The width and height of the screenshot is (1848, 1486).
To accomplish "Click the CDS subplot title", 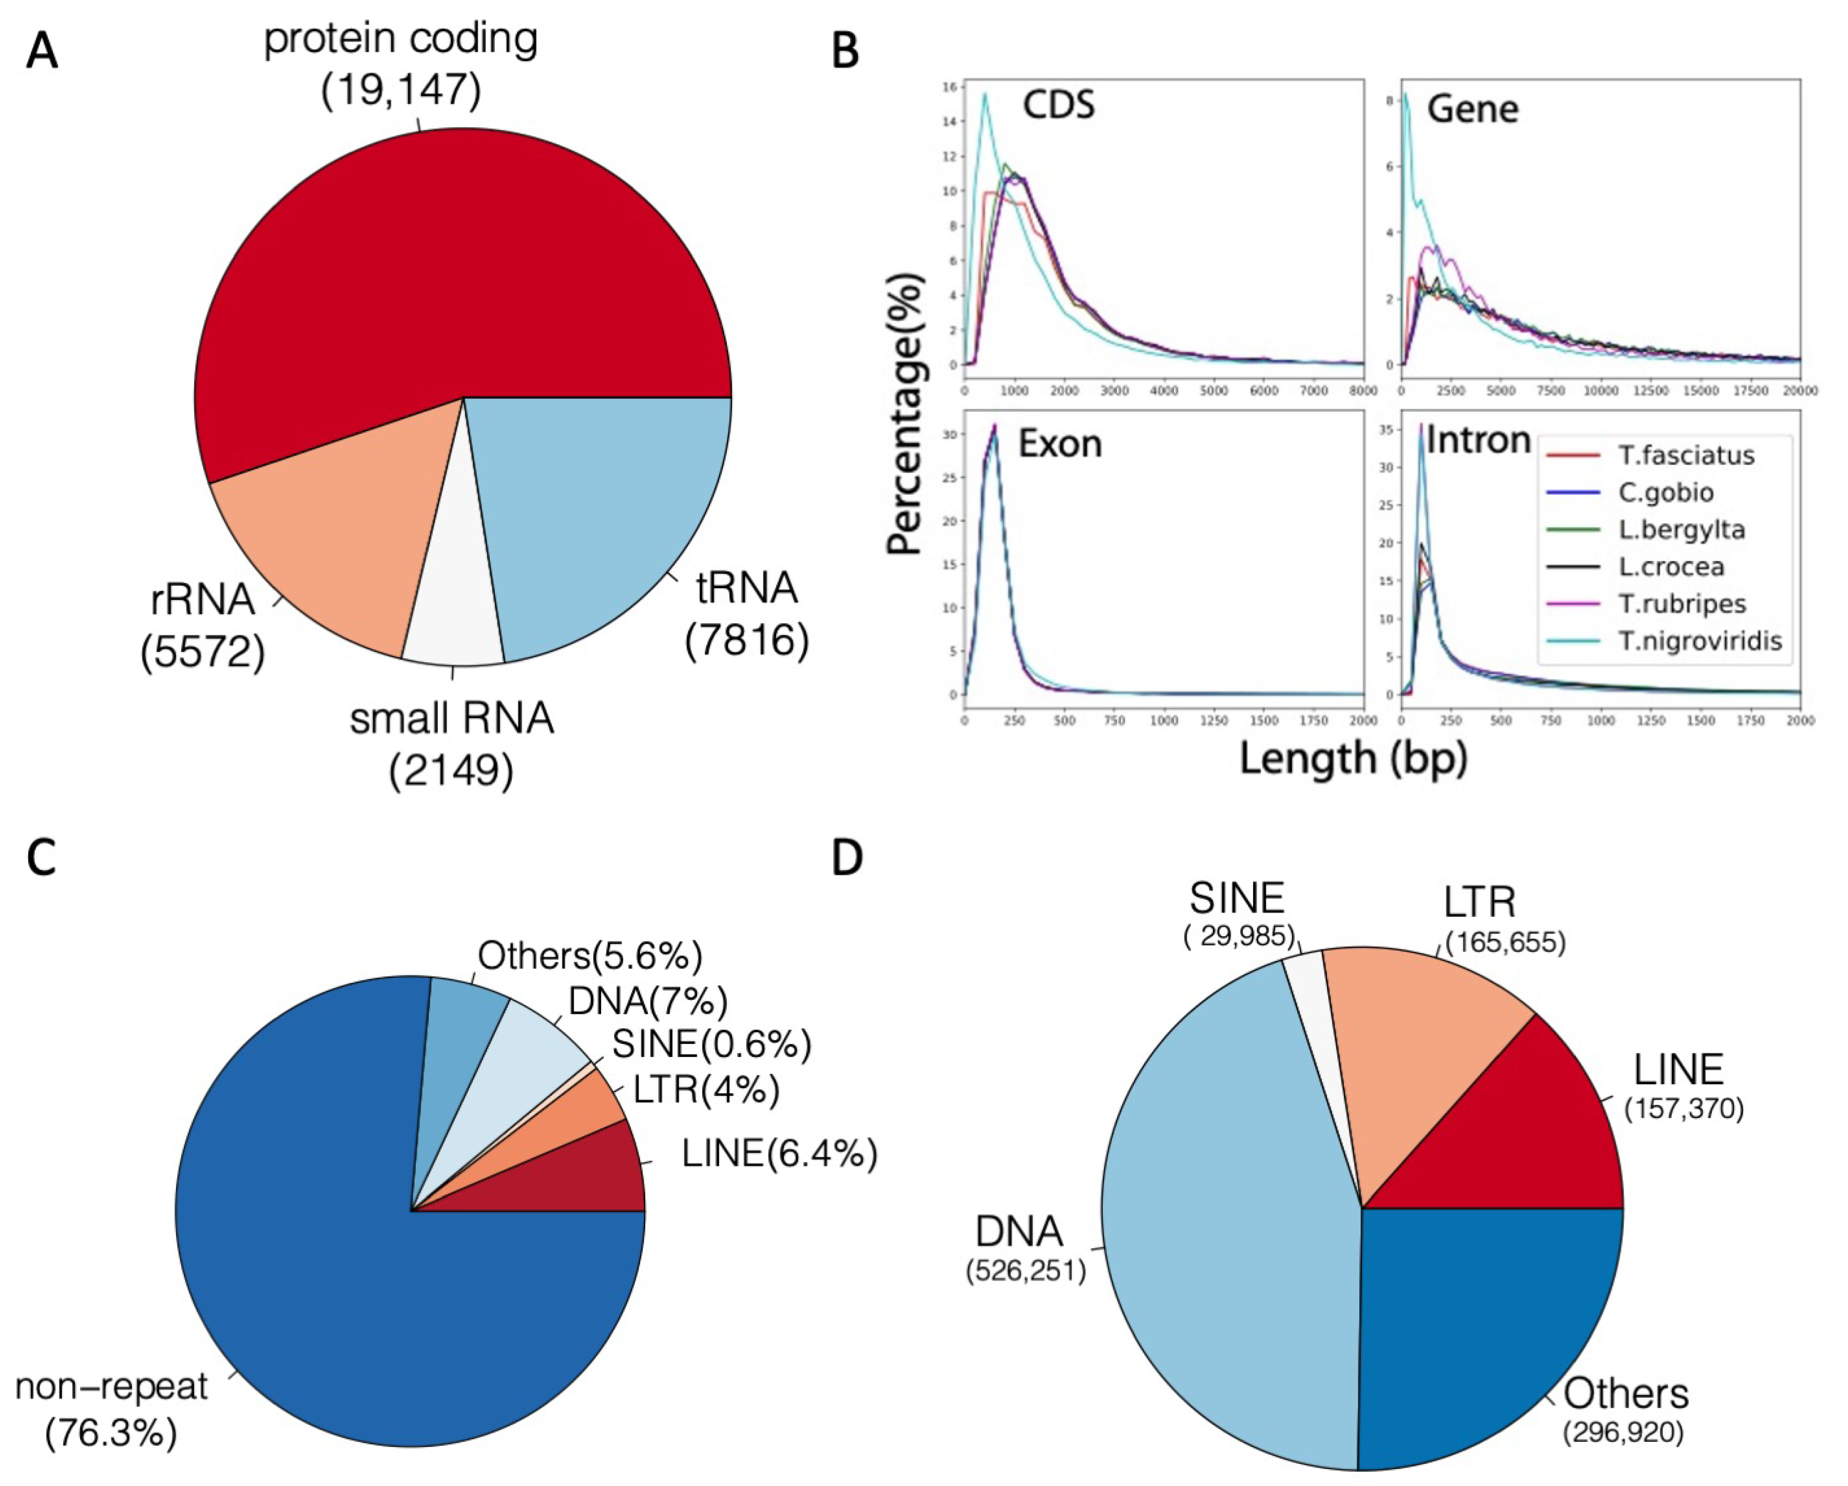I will [x=1058, y=105].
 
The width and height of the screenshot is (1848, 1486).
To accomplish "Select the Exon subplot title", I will [x=1060, y=444].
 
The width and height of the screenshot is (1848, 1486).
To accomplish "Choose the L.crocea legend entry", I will [x=1671, y=567].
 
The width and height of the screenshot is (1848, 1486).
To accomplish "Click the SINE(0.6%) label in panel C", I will [x=711, y=1044].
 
